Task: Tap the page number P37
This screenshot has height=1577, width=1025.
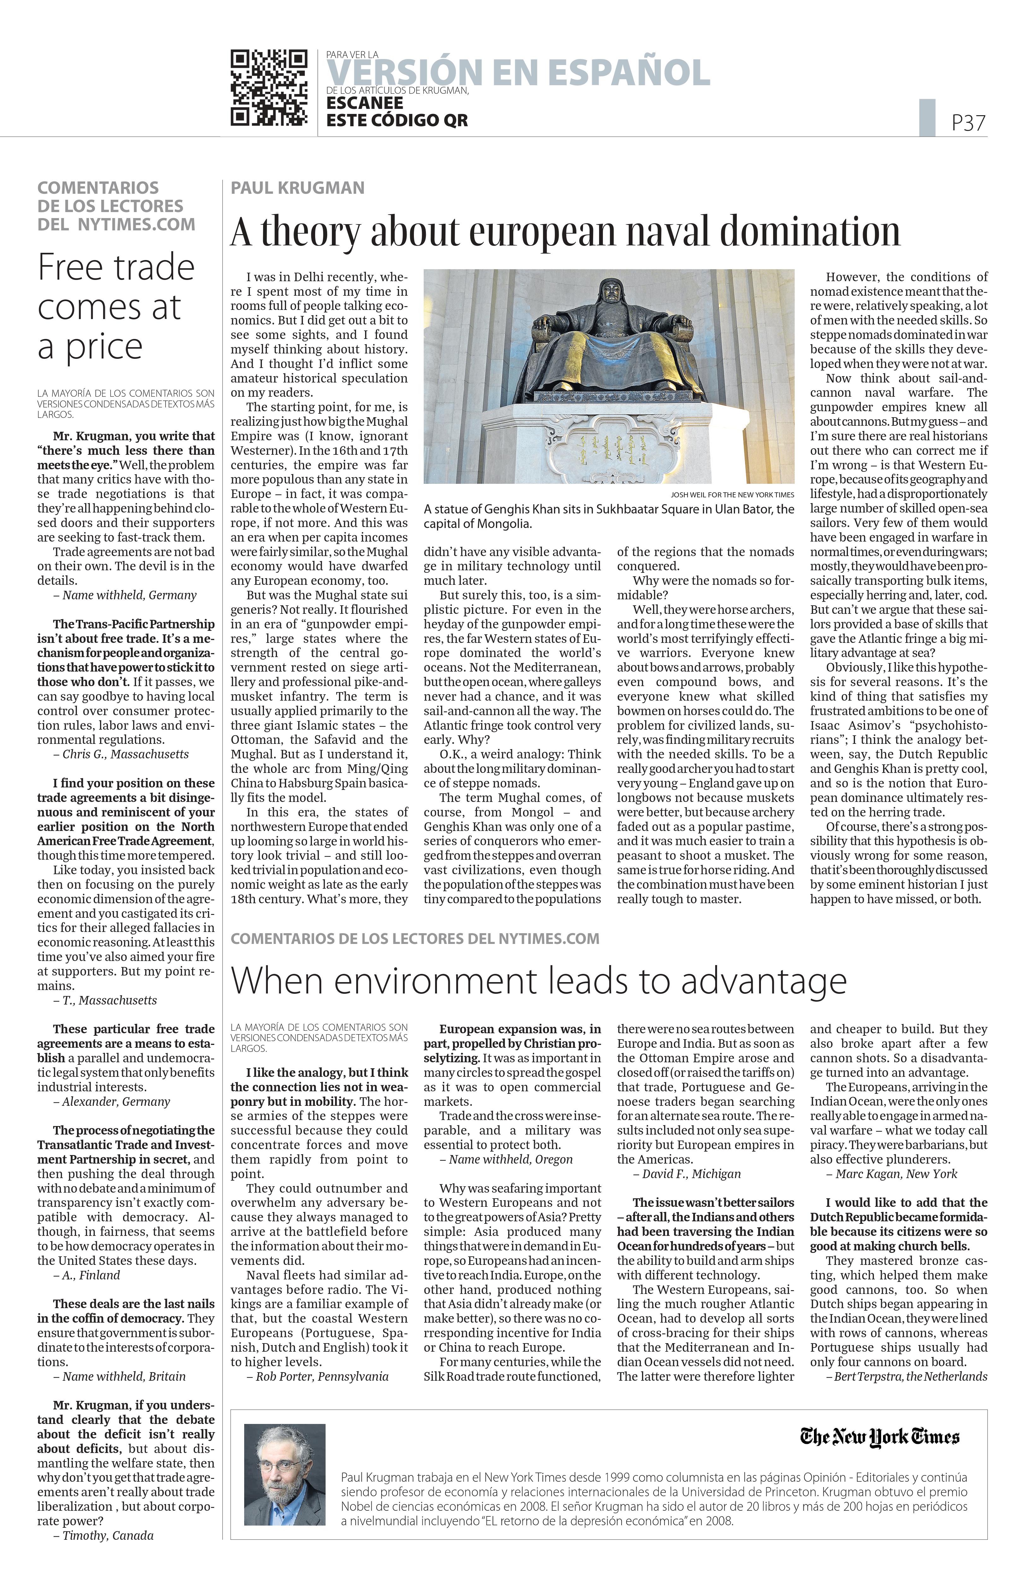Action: [968, 122]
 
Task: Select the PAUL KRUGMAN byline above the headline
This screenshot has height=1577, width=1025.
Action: [297, 188]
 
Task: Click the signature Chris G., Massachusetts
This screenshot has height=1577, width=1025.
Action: [125, 754]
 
